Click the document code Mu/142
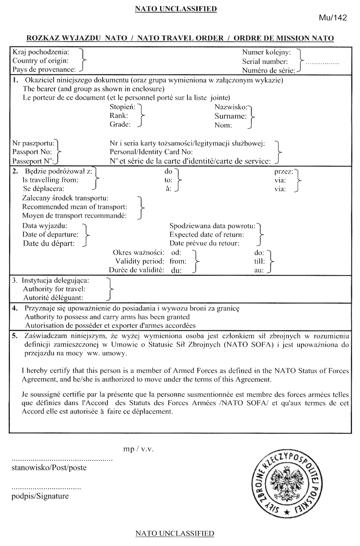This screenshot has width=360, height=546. click(x=334, y=18)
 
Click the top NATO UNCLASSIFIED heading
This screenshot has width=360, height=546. click(x=176, y=8)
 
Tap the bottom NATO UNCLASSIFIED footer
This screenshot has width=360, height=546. click(x=175, y=533)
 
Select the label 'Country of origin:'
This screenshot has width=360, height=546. click(x=41, y=61)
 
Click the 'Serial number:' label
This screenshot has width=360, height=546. click(x=265, y=62)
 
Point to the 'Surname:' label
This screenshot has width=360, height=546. click(x=230, y=116)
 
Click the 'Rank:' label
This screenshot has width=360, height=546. click(x=119, y=116)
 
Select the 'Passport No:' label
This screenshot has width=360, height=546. click(x=32, y=152)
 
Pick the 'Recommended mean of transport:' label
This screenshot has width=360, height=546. click(x=75, y=207)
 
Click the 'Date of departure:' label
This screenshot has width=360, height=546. click(x=50, y=234)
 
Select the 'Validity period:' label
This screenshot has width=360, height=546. click(x=140, y=261)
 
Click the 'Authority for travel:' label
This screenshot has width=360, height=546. click(x=54, y=289)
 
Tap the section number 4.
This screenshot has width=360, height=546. click(x=14, y=308)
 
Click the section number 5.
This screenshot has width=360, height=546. click(x=14, y=336)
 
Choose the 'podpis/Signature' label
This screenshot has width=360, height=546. click(x=40, y=496)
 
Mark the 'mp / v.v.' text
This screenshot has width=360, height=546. click(x=138, y=449)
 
